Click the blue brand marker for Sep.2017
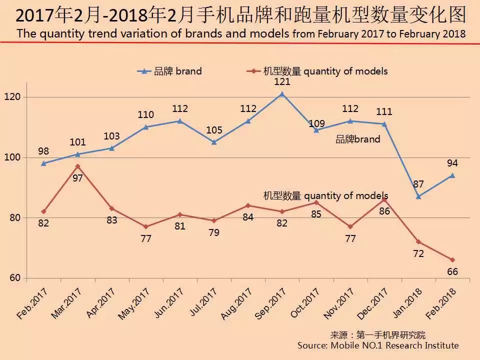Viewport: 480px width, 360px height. pyautogui.click(x=282, y=93)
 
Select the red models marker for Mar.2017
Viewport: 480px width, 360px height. pyautogui.click(x=77, y=166)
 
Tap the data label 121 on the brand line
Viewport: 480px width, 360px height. pyautogui.click(x=282, y=81)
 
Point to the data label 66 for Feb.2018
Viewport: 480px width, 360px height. pyautogui.click(x=452, y=272)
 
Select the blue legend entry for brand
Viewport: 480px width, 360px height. pyautogui.click(x=170, y=71)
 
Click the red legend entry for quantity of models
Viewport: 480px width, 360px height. pyautogui.click(x=317, y=71)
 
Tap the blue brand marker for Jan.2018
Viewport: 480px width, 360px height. pyautogui.click(x=418, y=196)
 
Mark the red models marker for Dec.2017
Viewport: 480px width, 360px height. pyautogui.click(x=384, y=199)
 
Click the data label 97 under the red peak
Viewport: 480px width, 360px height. pyautogui.click(x=77, y=178)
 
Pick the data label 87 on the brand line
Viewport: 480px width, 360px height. pyautogui.click(x=418, y=184)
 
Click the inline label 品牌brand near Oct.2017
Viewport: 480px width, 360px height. pyautogui.click(x=357, y=139)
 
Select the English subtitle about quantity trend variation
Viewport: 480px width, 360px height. pyautogui.click(x=240, y=34)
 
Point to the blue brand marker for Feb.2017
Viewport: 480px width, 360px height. pyautogui.click(x=43, y=163)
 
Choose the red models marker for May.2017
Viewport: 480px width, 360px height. pyautogui.click(x=145, y=226)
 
